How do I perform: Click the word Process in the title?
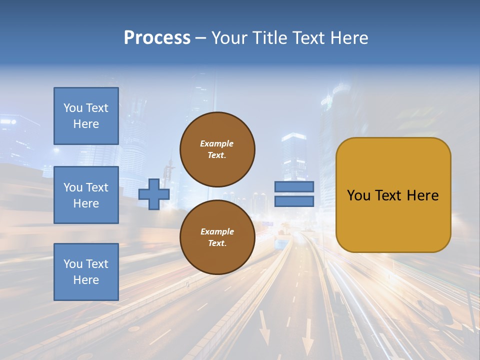157,38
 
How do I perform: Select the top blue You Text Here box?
86,116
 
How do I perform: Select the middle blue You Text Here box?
86,195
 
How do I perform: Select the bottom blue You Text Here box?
86,272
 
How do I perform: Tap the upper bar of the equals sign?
294,186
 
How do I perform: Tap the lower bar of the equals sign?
294,201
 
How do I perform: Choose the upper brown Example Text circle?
217,149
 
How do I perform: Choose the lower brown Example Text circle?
217,237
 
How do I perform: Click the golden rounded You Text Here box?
393,195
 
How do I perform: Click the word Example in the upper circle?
216,143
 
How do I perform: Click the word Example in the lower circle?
217,231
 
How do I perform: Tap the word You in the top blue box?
72,108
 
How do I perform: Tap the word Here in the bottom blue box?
86,280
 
